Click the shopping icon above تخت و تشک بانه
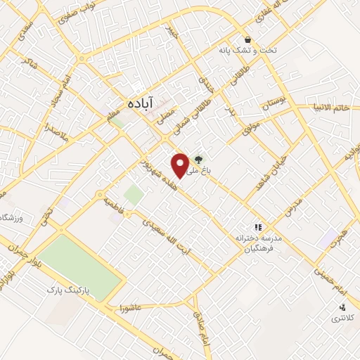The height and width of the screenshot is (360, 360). coord(247,39)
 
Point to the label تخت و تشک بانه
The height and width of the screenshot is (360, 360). coord(245,50)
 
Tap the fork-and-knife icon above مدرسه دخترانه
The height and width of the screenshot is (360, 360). coord(258,227)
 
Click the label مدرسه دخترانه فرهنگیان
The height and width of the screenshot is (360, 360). coord(259,243)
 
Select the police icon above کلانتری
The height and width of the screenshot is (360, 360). coord(342,307)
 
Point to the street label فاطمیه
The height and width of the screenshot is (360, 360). coord(114,205)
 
